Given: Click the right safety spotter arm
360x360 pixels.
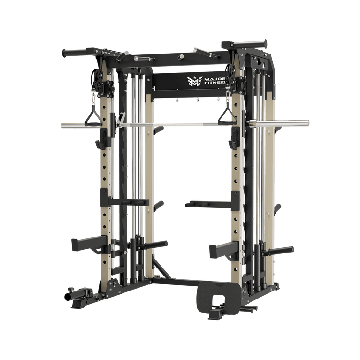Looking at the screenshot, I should click(223, 248).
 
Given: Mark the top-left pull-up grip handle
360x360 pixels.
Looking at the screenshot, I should click(75, 52).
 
